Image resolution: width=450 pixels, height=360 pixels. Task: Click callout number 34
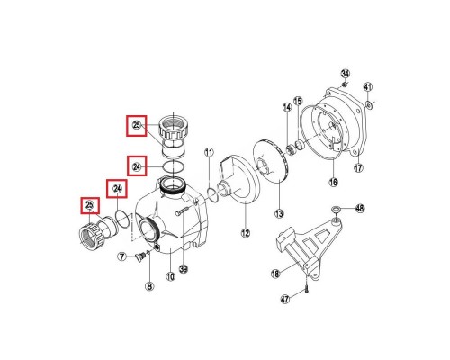pyautogui.click(x=345, y=73)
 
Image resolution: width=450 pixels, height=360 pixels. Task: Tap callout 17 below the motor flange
pyautogui.click(x=357, y=168)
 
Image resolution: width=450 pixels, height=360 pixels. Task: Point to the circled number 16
pyautogui.click(x=332, y=183)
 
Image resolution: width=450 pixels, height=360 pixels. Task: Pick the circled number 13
pyautogui.click(x=279, y=213)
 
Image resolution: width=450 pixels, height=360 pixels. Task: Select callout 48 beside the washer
pyautogui.click(x=360, y=209)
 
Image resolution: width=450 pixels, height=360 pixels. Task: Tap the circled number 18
pyautogui.click(x=276, y=272)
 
